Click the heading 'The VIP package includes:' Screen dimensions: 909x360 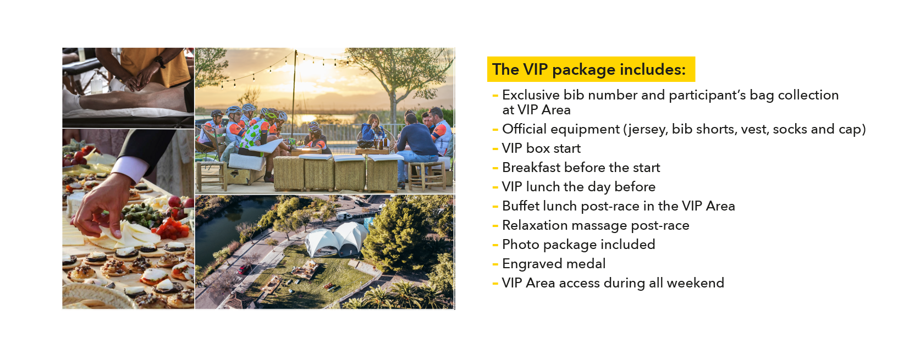coord(589,69)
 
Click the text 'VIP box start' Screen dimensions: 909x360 coord(541,148)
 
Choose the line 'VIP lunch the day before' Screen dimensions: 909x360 coord(579,187)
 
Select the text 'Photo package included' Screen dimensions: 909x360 coord(579,245)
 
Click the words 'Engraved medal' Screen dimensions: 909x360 coord(554,264)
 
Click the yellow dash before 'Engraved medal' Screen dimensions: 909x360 coord(495,264)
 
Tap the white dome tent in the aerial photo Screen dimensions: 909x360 coord(335,240)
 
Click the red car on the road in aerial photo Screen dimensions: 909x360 coord(245,269)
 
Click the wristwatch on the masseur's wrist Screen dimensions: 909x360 coord(160,62)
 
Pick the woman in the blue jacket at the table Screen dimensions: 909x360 coord(372,129)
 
